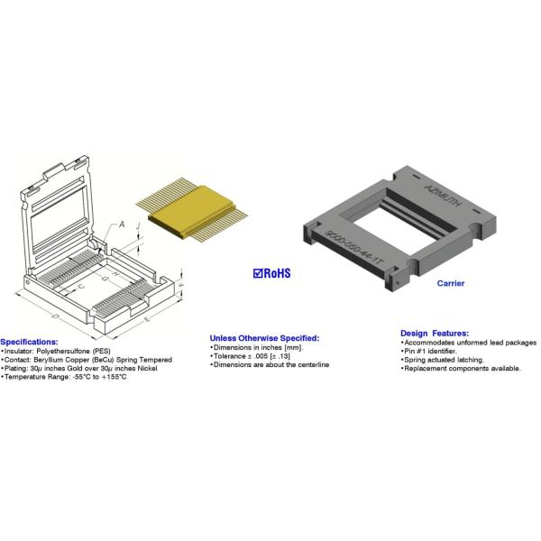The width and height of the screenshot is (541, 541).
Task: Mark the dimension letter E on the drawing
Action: [145, 318]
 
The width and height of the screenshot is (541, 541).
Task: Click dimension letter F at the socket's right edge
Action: [182, 285]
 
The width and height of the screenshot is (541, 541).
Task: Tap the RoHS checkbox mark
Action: [258, 272]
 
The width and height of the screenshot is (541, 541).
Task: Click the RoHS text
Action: [278, 272]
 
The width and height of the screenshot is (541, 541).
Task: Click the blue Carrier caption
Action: [451, 283]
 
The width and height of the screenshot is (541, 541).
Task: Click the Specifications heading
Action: [29, 342]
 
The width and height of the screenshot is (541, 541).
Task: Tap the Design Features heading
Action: [434, 333]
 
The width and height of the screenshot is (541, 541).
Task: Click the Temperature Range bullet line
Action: [64, 377]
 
